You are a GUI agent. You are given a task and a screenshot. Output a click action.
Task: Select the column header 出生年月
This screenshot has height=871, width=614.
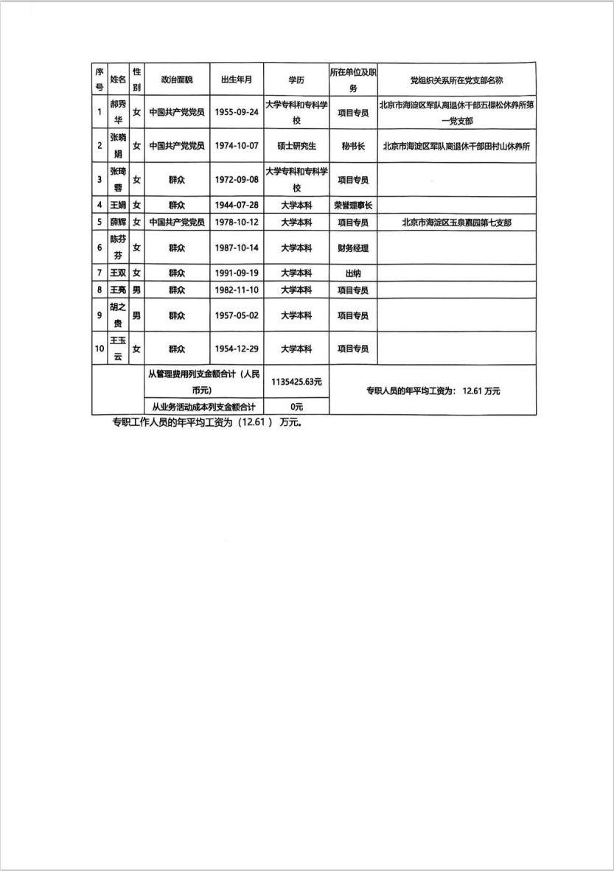point(237,80)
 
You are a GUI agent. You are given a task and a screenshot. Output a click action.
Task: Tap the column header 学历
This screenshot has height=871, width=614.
point(296,80)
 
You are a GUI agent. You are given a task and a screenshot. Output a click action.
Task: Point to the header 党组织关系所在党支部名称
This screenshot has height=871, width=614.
point(456,80)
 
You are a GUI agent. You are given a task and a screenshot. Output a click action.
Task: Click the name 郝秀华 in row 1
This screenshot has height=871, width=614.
point(118,113)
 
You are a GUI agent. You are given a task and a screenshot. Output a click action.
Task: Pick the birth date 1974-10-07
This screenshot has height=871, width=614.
point(237,146)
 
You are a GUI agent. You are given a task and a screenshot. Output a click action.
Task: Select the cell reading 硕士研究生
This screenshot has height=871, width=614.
point(296,146)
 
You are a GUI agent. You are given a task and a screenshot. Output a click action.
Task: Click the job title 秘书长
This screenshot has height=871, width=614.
point(353,146)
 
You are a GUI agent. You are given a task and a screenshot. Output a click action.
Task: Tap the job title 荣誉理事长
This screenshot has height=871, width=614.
point(353,205)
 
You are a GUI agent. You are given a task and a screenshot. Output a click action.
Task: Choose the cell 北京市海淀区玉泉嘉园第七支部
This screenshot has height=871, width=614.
point(456,222)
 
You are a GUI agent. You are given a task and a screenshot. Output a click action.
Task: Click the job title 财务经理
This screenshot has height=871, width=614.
point(353,248)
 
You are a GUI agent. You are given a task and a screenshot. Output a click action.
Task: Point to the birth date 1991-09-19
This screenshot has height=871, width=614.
point(237,273)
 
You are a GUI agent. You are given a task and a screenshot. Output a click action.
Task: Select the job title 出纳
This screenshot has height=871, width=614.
point(353,273)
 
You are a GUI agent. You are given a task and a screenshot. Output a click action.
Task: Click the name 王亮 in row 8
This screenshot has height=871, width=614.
point(118,290)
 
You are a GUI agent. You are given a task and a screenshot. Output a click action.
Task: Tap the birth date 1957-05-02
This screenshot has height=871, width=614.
point(237,315)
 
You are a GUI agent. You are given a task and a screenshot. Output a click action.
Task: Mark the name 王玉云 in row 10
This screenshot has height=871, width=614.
point(118,349)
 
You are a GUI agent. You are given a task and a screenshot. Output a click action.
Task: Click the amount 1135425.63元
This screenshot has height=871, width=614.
point(296,382)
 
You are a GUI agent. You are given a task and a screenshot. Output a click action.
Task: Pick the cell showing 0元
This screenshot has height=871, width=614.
point(296,406)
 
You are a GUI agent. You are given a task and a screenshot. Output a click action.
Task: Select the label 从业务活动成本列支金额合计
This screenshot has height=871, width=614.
point(203,406)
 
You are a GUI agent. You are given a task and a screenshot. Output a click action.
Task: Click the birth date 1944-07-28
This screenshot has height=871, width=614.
point(237,205)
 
